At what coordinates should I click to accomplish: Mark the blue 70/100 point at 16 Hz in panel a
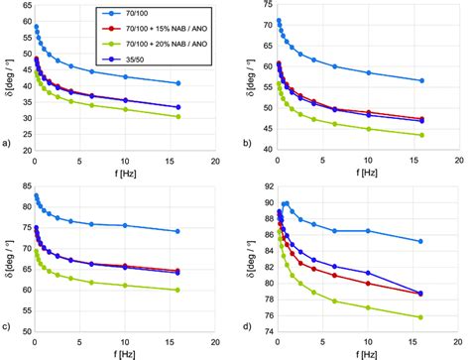[x=177, y=83]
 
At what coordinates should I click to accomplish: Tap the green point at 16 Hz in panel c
[x=177, y=291]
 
